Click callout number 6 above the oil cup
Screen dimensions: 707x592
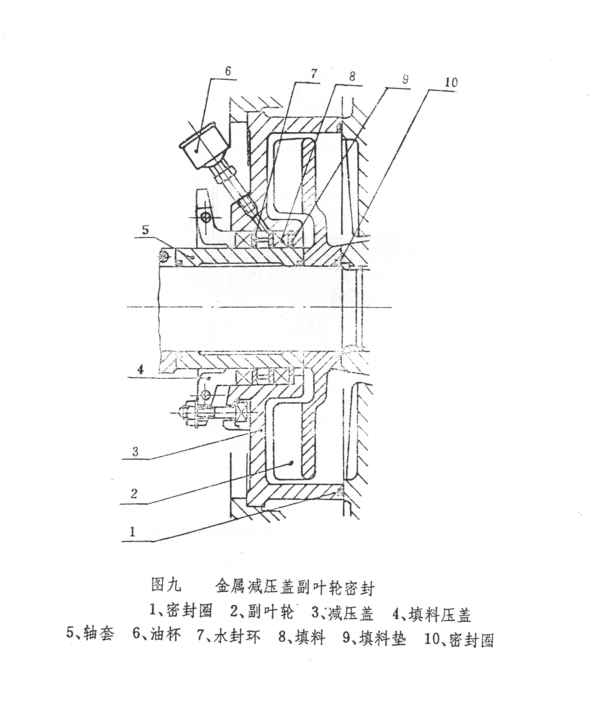[x=228, y=71]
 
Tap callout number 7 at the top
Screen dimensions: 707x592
[x=313, y=74]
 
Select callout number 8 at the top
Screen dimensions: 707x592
[x=352, y=77]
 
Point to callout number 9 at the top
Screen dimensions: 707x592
[x=405, y=79]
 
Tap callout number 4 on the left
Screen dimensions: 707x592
[x=141, y=370]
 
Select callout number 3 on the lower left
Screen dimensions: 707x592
[x=135, y=452]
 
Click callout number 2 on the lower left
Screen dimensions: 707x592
[x=134, y=494]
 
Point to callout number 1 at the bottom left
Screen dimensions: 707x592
[x=132, y=532]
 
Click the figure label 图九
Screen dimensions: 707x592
[x=166, y=585]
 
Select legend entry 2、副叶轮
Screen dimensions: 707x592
[x=262, y=612]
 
